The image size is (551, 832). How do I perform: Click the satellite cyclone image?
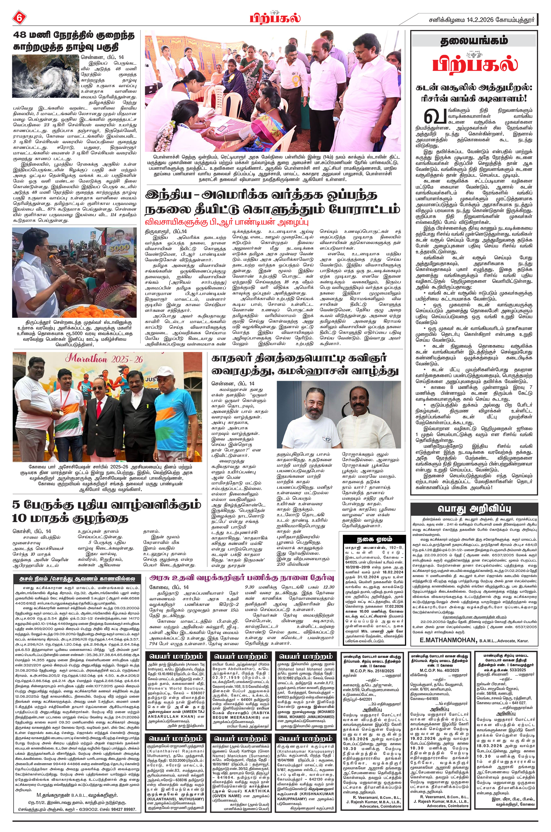coord(45,76)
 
